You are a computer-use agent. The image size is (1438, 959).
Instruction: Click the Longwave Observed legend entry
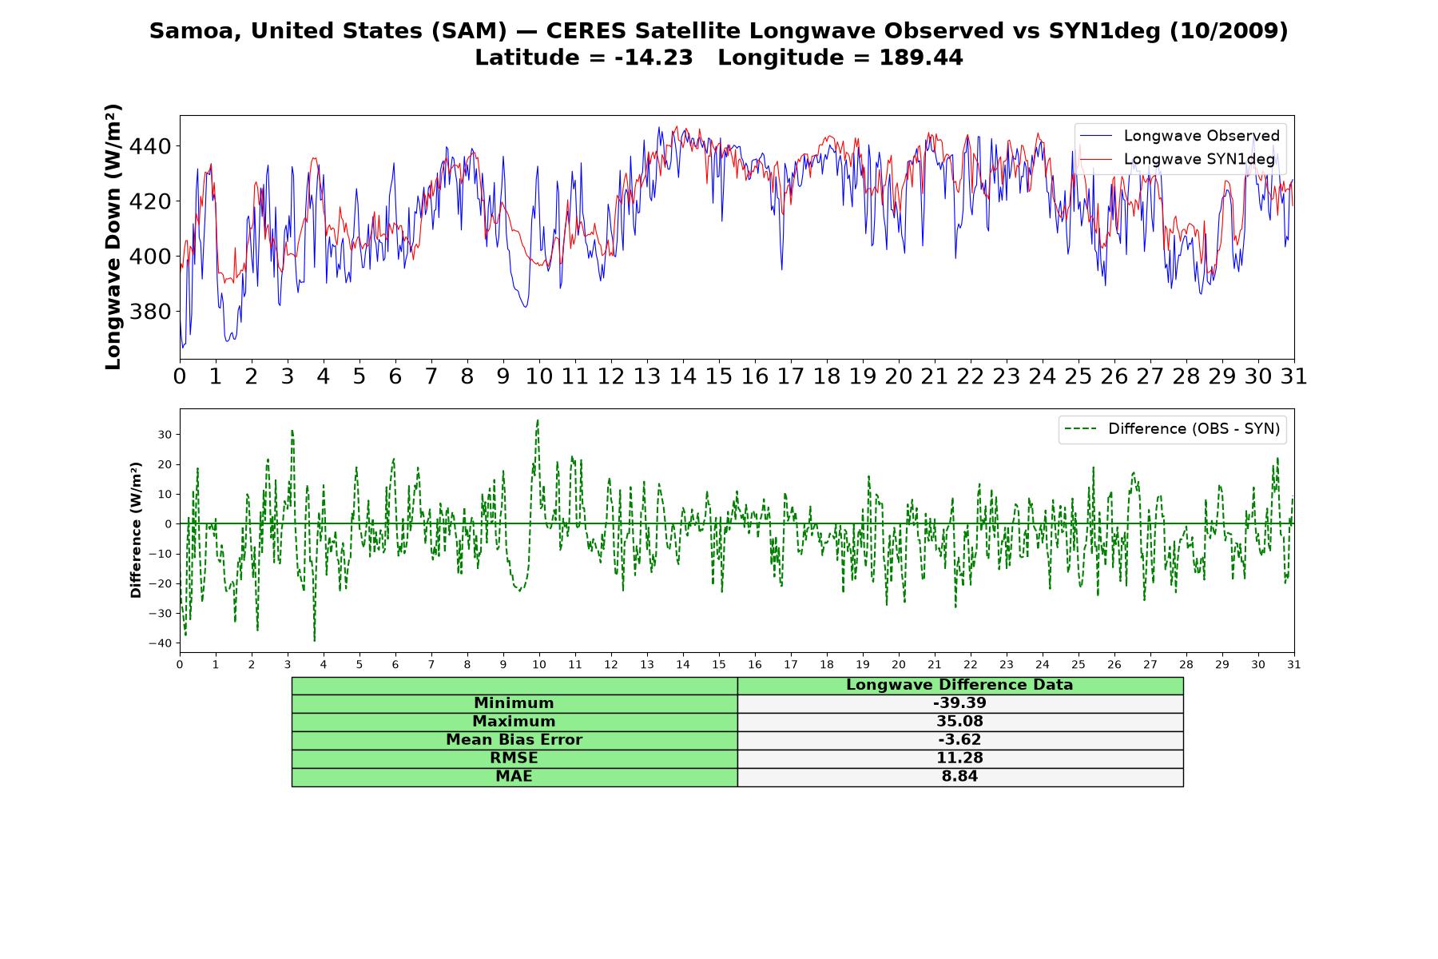point(1179,136)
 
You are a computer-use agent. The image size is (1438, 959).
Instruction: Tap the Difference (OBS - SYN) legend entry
point(1172,429)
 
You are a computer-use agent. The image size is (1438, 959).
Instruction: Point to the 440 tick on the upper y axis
point(149,146)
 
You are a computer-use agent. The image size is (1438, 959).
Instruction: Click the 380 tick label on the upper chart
point(149,312)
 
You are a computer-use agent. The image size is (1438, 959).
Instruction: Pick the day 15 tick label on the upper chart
point(718,376)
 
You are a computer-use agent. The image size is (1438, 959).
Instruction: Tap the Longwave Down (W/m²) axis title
point(113,237)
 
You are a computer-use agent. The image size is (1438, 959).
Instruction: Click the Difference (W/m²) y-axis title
point(136,530)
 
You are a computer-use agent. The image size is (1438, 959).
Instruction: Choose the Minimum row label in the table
point(514,703)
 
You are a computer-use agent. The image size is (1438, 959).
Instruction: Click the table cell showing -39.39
point(959,703)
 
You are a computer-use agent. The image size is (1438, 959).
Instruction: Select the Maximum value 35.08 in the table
point(959,722)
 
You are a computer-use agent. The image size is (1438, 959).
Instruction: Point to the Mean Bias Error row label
point(514,740)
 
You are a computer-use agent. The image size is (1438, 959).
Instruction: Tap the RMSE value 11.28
point(959,758)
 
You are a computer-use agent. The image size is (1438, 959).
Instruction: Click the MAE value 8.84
point(959,777)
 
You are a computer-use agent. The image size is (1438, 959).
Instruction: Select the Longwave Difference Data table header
point(959,685)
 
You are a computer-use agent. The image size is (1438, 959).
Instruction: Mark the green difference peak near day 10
point(538,420)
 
